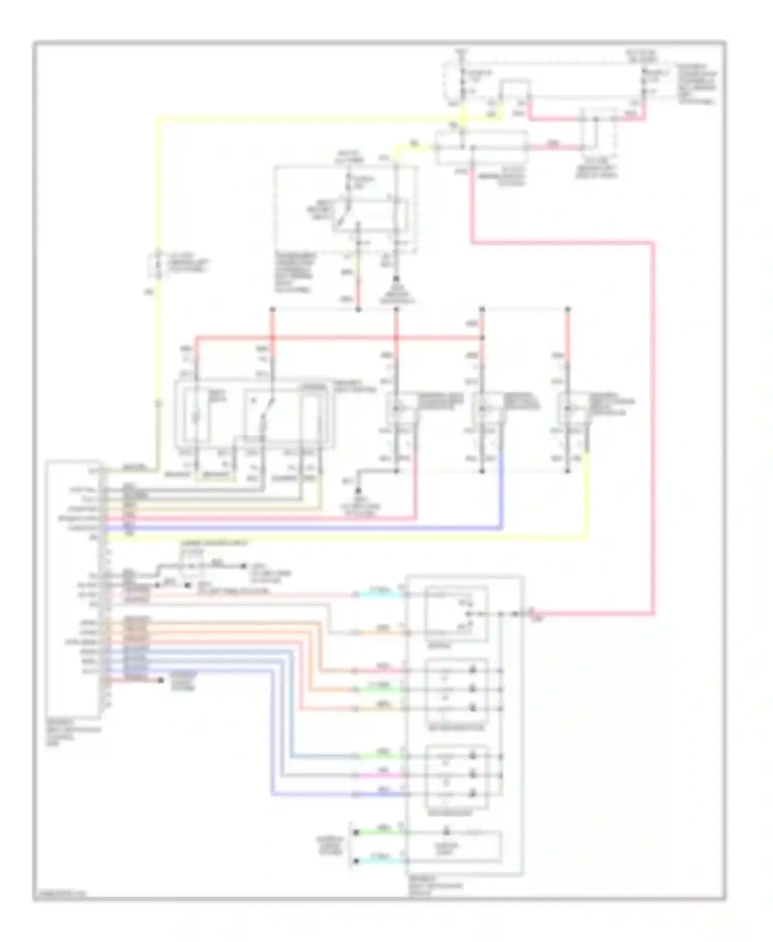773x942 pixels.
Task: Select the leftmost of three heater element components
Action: (397, 410)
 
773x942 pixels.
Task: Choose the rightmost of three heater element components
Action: (568, 410)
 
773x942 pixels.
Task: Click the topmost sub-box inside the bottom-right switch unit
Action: (456, 613)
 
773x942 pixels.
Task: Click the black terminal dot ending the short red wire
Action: (161, 680)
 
